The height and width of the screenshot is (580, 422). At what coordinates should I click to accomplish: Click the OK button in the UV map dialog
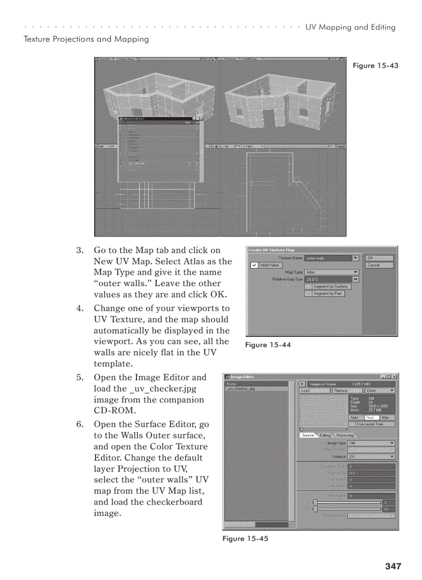click(379, 258)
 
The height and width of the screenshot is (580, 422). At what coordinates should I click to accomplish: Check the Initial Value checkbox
click(254, 265)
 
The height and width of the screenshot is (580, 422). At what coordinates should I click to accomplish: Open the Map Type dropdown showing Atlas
click(331, 272)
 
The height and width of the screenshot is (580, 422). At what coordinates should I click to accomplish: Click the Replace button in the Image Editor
click(341, 390)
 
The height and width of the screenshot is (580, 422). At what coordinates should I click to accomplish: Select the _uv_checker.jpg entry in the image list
click(242, 389)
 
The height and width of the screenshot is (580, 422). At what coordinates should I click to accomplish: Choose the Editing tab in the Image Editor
click(325, 435)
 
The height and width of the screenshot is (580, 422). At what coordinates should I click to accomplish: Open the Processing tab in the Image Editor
click(345, 435)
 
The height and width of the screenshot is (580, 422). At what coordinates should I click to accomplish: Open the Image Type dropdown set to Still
click(371, 443)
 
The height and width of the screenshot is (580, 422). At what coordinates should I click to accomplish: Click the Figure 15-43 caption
click(375, 66)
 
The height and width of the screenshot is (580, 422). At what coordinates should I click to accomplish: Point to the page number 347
click(393, 566)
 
